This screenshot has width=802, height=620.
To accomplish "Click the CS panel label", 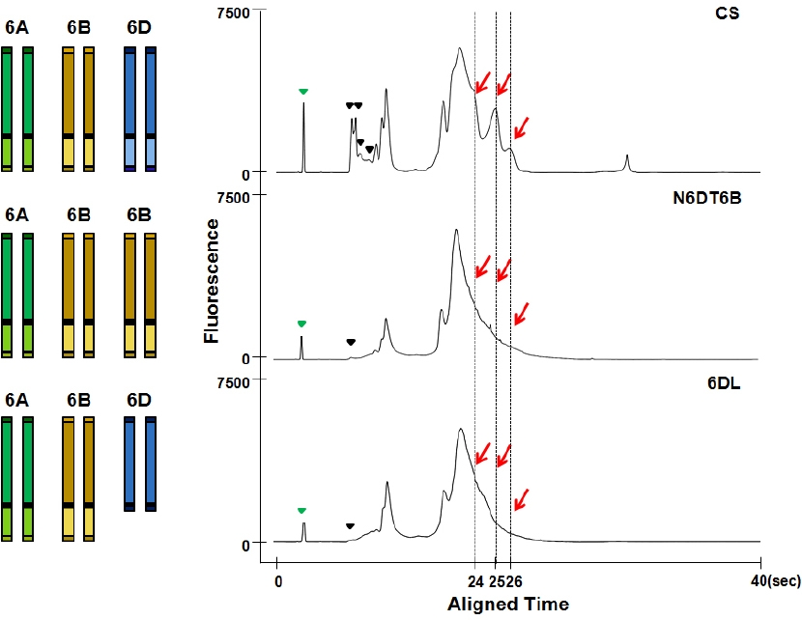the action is [x=727, y=13].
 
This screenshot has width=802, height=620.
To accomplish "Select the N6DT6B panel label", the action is [x=707, y=197].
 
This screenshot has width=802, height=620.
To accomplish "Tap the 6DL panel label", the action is [x=724, y=382].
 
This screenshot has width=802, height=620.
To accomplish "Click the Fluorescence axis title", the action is [x=211, y=281].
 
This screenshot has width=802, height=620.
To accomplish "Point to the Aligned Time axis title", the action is [x=508, y=605].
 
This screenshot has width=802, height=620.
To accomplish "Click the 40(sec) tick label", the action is [x=776, y=580].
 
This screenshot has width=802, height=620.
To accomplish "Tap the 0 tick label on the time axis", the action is [x=278, y=581].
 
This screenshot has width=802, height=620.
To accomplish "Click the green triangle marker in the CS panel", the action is [x=303, y=92].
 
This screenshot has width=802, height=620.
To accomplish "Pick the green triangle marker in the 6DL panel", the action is [x=301, y=511].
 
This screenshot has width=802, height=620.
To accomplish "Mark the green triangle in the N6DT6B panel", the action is [x=301, y=324].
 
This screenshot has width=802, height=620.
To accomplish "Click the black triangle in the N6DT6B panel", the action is [x=351, y=342].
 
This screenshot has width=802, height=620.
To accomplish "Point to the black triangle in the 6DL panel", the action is [x=351, y=526].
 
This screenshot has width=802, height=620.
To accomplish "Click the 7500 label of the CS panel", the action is [x=233, y=14].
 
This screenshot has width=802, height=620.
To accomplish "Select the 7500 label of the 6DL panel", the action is [x=233, y=383].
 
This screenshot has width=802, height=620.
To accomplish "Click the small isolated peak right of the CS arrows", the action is [x=627, y=163].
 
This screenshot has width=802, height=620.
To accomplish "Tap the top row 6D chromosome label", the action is [x=139, y=28].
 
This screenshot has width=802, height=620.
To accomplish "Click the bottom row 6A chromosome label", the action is [x=16, y=400].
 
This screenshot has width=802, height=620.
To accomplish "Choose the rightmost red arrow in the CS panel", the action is [x=521, y=127].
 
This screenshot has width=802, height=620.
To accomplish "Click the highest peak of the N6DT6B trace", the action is [x=456, y=230].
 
